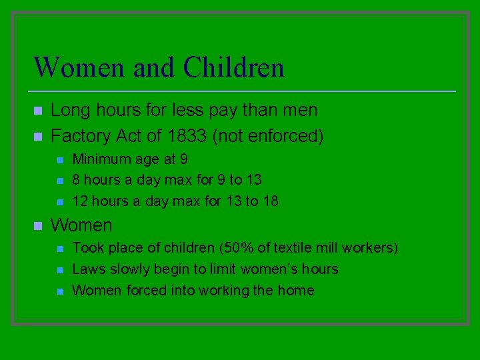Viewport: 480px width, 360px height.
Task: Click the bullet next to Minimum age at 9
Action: click(x=59, y=160)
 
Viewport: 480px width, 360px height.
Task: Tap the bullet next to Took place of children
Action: click(x=59, y=249)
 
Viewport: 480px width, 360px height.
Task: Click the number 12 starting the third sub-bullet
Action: click(x=80, y=201)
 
